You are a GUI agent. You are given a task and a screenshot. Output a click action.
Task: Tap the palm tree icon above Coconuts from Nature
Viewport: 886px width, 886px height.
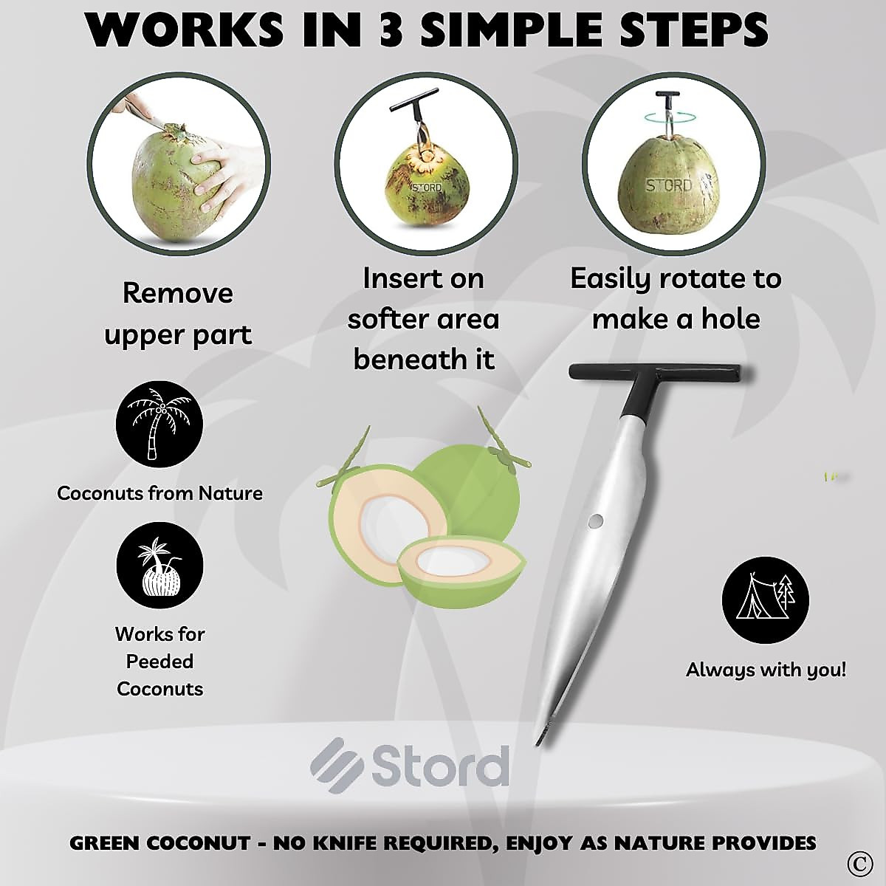coord(159,425)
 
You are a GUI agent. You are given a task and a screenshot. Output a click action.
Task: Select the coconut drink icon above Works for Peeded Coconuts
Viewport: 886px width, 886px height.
coord(159,567)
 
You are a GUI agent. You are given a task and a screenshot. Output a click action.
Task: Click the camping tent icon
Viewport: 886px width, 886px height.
coord(765,600)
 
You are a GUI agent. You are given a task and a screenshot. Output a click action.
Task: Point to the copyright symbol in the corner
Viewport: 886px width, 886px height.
coord(856,862)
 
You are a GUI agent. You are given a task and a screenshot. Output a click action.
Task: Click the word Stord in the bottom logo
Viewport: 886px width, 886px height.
coord(440,766)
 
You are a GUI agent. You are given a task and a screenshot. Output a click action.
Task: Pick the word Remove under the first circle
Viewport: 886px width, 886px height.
coord(177,293)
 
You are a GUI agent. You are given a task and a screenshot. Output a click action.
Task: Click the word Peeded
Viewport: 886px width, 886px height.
coord(159,662)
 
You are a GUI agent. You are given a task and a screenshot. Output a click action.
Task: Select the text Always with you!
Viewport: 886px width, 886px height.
coord(766,670)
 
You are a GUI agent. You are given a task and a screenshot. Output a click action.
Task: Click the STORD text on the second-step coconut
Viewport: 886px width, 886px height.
coord(426,188)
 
